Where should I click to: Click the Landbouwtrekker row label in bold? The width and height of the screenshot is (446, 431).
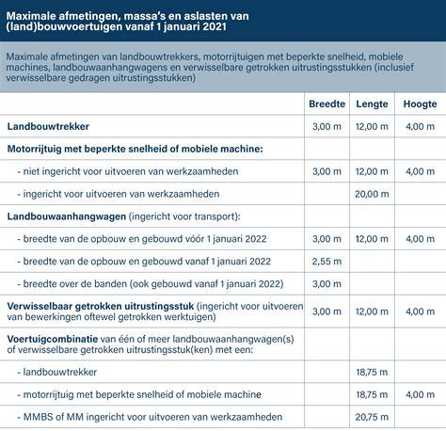click(x=47, y=126)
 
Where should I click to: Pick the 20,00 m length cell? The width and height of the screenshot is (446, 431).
click(x=373, y=193)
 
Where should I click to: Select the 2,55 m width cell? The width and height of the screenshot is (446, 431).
click(x=327, y=261)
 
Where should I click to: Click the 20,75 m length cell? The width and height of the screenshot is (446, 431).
click(x=373, y=415)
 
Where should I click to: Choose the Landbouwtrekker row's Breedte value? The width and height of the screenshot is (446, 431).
click(x=327, y=126)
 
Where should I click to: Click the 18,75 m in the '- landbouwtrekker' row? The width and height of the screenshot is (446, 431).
click(x=373, y=372)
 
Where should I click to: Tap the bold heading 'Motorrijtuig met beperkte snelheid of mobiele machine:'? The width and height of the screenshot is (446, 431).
click(x=135, y=149)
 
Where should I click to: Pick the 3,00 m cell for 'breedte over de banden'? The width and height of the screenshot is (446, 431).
click(x=327, y=283)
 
